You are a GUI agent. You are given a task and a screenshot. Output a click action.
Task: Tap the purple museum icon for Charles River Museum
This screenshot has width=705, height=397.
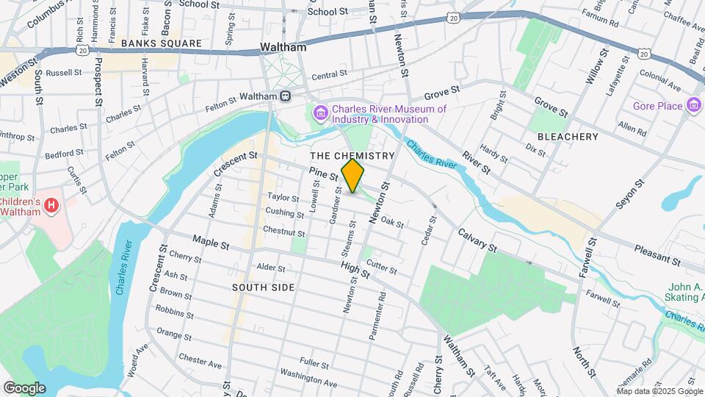320,114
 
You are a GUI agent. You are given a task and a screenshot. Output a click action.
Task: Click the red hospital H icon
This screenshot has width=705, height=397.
51,204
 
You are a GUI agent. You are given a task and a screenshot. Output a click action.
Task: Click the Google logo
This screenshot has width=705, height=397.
24,387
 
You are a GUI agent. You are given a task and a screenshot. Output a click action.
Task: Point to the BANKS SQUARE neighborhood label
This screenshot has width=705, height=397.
162,43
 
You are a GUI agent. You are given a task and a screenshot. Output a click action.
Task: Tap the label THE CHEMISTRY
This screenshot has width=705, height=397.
352,156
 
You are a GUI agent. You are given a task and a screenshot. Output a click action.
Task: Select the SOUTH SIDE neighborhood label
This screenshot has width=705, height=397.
264,287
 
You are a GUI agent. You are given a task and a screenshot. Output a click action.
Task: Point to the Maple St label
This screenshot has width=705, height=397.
211,241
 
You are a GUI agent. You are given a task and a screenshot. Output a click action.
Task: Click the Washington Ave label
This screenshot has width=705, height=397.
308,379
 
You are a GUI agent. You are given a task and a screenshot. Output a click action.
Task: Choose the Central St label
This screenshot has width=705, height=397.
328,75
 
